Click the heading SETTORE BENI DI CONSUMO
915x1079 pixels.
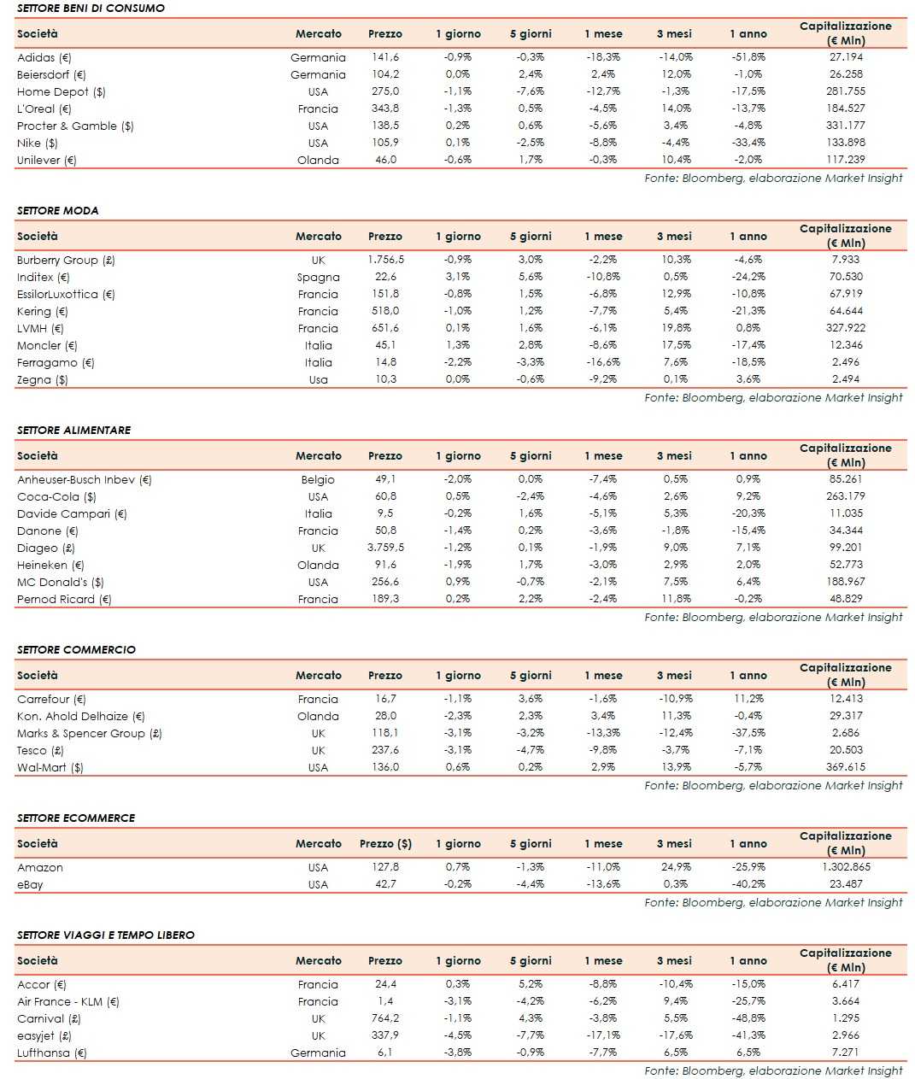(91, 8)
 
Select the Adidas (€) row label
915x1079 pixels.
(44, 57)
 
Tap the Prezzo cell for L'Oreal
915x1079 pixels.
(384, 108)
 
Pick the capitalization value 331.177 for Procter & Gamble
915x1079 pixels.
(846, 126)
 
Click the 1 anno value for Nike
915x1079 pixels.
(748, 143)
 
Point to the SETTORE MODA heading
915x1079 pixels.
(57, 210)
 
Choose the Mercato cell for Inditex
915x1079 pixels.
(318, 277)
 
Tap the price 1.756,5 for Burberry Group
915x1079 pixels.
(385, 260)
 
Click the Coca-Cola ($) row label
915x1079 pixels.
(56, 496)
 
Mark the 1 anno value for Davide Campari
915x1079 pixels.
(748, 513)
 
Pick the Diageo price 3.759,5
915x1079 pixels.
(385, 548)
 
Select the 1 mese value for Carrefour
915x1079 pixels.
(602, 699)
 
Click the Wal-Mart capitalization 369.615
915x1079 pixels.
(846, 767)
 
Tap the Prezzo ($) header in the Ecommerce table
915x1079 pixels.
(385, 843)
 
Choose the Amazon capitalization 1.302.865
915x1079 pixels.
(846, 867)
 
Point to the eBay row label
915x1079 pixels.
(30, 884)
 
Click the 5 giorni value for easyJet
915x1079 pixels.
(530, 1035)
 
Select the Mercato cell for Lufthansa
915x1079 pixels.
(318, 1053)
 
